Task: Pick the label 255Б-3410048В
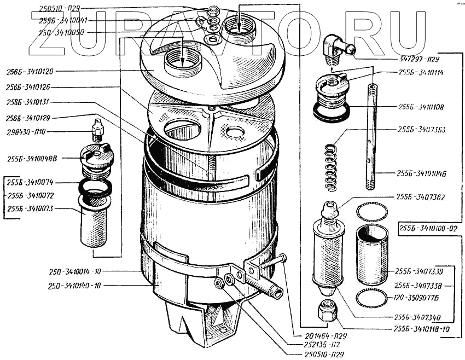tap(34, 159)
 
